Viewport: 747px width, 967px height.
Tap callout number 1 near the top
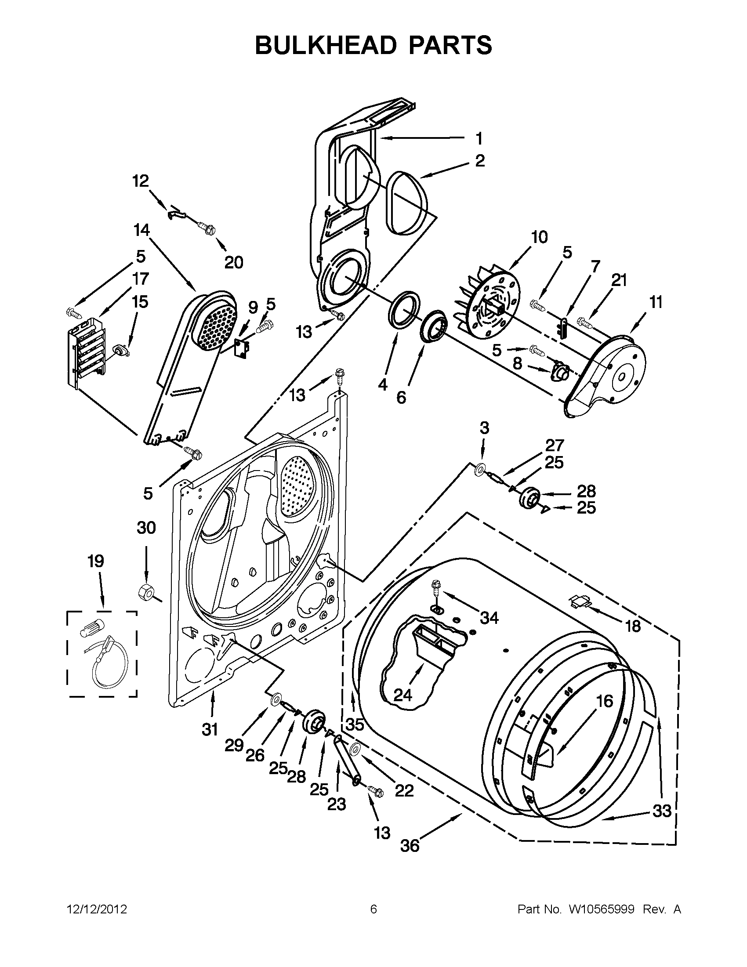[479, 138]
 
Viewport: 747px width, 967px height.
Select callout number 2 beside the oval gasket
[480, 161]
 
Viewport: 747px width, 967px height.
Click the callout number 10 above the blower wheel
[539, 237]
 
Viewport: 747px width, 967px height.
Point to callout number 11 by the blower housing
[656, 302]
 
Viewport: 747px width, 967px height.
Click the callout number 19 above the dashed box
[96, 561]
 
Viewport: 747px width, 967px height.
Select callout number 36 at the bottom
[410, 846]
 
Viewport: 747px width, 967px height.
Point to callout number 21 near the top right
[619, 280]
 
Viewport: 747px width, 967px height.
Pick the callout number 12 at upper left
[141, 181]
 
